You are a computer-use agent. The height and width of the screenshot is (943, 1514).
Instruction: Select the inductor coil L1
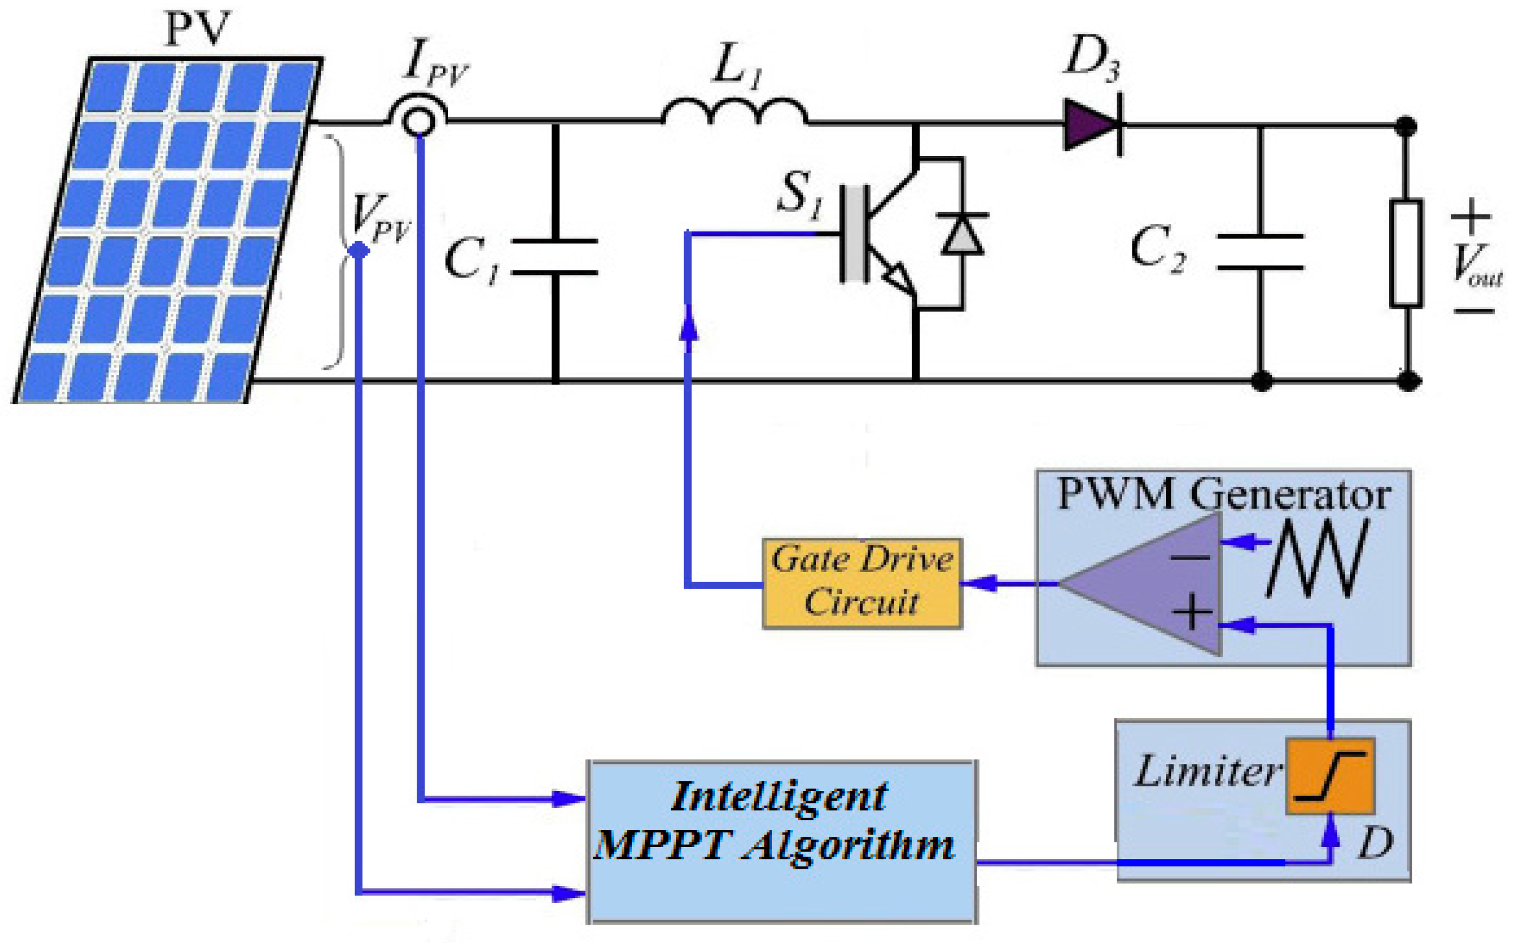(x=734, y=112)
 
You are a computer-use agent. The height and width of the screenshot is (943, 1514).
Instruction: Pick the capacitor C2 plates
(x=1260, y=252)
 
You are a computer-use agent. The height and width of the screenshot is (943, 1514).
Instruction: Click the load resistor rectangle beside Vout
(x=1405, y=253)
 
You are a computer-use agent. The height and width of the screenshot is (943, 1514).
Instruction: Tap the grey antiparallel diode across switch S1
(x=962, y=234)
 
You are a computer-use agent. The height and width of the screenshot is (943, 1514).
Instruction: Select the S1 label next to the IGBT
(x=800, y=194)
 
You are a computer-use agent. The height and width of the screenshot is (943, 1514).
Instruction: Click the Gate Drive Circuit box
(x=862, y=583)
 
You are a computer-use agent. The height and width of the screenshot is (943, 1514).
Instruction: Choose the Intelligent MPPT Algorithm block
(x=782, y=841)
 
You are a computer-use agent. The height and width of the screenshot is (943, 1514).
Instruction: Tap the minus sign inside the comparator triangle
(x=1191, y=557)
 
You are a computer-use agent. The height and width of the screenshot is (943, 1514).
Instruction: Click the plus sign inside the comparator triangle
(x=1192, y=613)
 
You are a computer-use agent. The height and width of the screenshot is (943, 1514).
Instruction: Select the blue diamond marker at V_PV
(x=358, y=251)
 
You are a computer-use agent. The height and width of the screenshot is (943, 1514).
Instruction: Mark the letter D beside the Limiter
(x=1375, y=844)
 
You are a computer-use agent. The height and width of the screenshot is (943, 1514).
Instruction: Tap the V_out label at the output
(x=1475, y=265)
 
